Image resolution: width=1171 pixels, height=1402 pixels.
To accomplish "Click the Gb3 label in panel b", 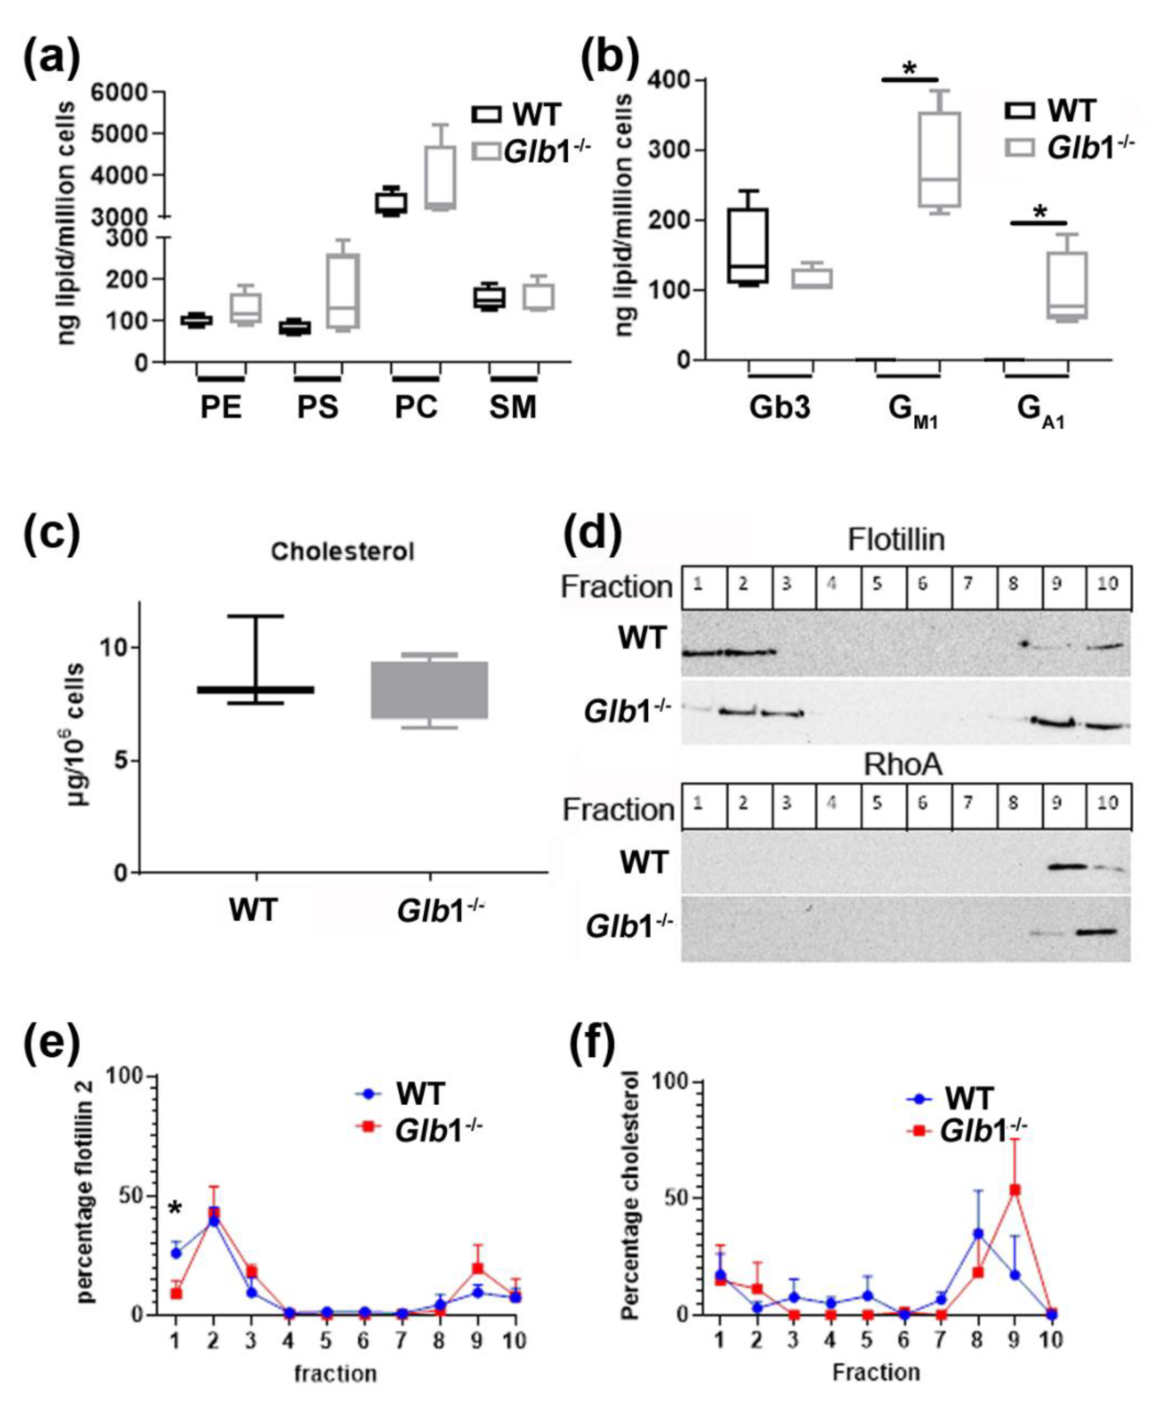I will [x=779, y=407].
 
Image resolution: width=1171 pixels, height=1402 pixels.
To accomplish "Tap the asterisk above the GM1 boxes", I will [x=909, y=69].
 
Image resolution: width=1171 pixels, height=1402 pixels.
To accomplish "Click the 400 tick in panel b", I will [x=669, y=81].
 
